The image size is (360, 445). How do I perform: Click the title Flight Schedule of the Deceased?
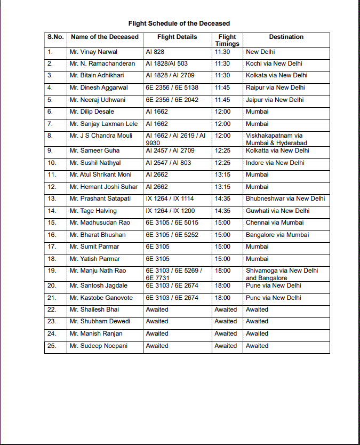179,23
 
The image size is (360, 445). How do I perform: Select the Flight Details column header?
177,37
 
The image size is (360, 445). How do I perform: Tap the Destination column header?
286,37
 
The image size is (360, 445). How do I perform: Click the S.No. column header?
55,37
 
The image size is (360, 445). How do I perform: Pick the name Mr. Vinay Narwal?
93,52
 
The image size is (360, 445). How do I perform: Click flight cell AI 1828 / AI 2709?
170,76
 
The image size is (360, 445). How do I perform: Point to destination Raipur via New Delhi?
274,88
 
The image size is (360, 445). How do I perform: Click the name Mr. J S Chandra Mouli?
101,136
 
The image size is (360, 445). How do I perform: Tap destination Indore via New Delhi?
275,163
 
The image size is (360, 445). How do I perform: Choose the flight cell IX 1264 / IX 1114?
170,198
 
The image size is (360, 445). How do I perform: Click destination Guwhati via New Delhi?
277,211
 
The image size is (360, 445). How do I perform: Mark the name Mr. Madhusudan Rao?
100,222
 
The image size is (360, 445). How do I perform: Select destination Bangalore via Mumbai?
277,235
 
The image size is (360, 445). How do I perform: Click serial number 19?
51,271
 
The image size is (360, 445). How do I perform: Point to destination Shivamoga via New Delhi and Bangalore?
282,274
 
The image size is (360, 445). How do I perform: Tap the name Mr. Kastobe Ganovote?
100,298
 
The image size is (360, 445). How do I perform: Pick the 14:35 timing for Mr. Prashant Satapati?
222,198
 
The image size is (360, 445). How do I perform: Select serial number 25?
51,346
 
